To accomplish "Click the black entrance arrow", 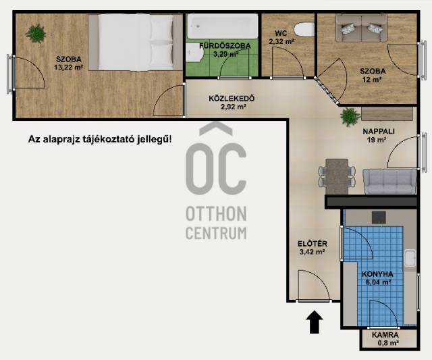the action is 315,322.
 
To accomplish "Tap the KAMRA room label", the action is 385,335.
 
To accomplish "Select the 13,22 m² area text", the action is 69,68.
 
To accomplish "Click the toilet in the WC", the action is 304,30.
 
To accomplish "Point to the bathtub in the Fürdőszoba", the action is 223,26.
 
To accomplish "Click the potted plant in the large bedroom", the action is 36,33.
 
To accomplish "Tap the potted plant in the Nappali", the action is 350,117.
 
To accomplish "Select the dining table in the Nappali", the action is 337,176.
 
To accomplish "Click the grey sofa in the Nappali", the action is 389,182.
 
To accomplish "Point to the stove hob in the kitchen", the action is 379,217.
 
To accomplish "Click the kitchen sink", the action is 410,258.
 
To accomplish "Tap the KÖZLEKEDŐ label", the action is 232,99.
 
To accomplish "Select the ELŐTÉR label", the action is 313,244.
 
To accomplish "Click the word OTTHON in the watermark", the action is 216,213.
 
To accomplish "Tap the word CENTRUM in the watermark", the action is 216,233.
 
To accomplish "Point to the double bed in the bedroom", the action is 136,43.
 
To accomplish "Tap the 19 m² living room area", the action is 377,140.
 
